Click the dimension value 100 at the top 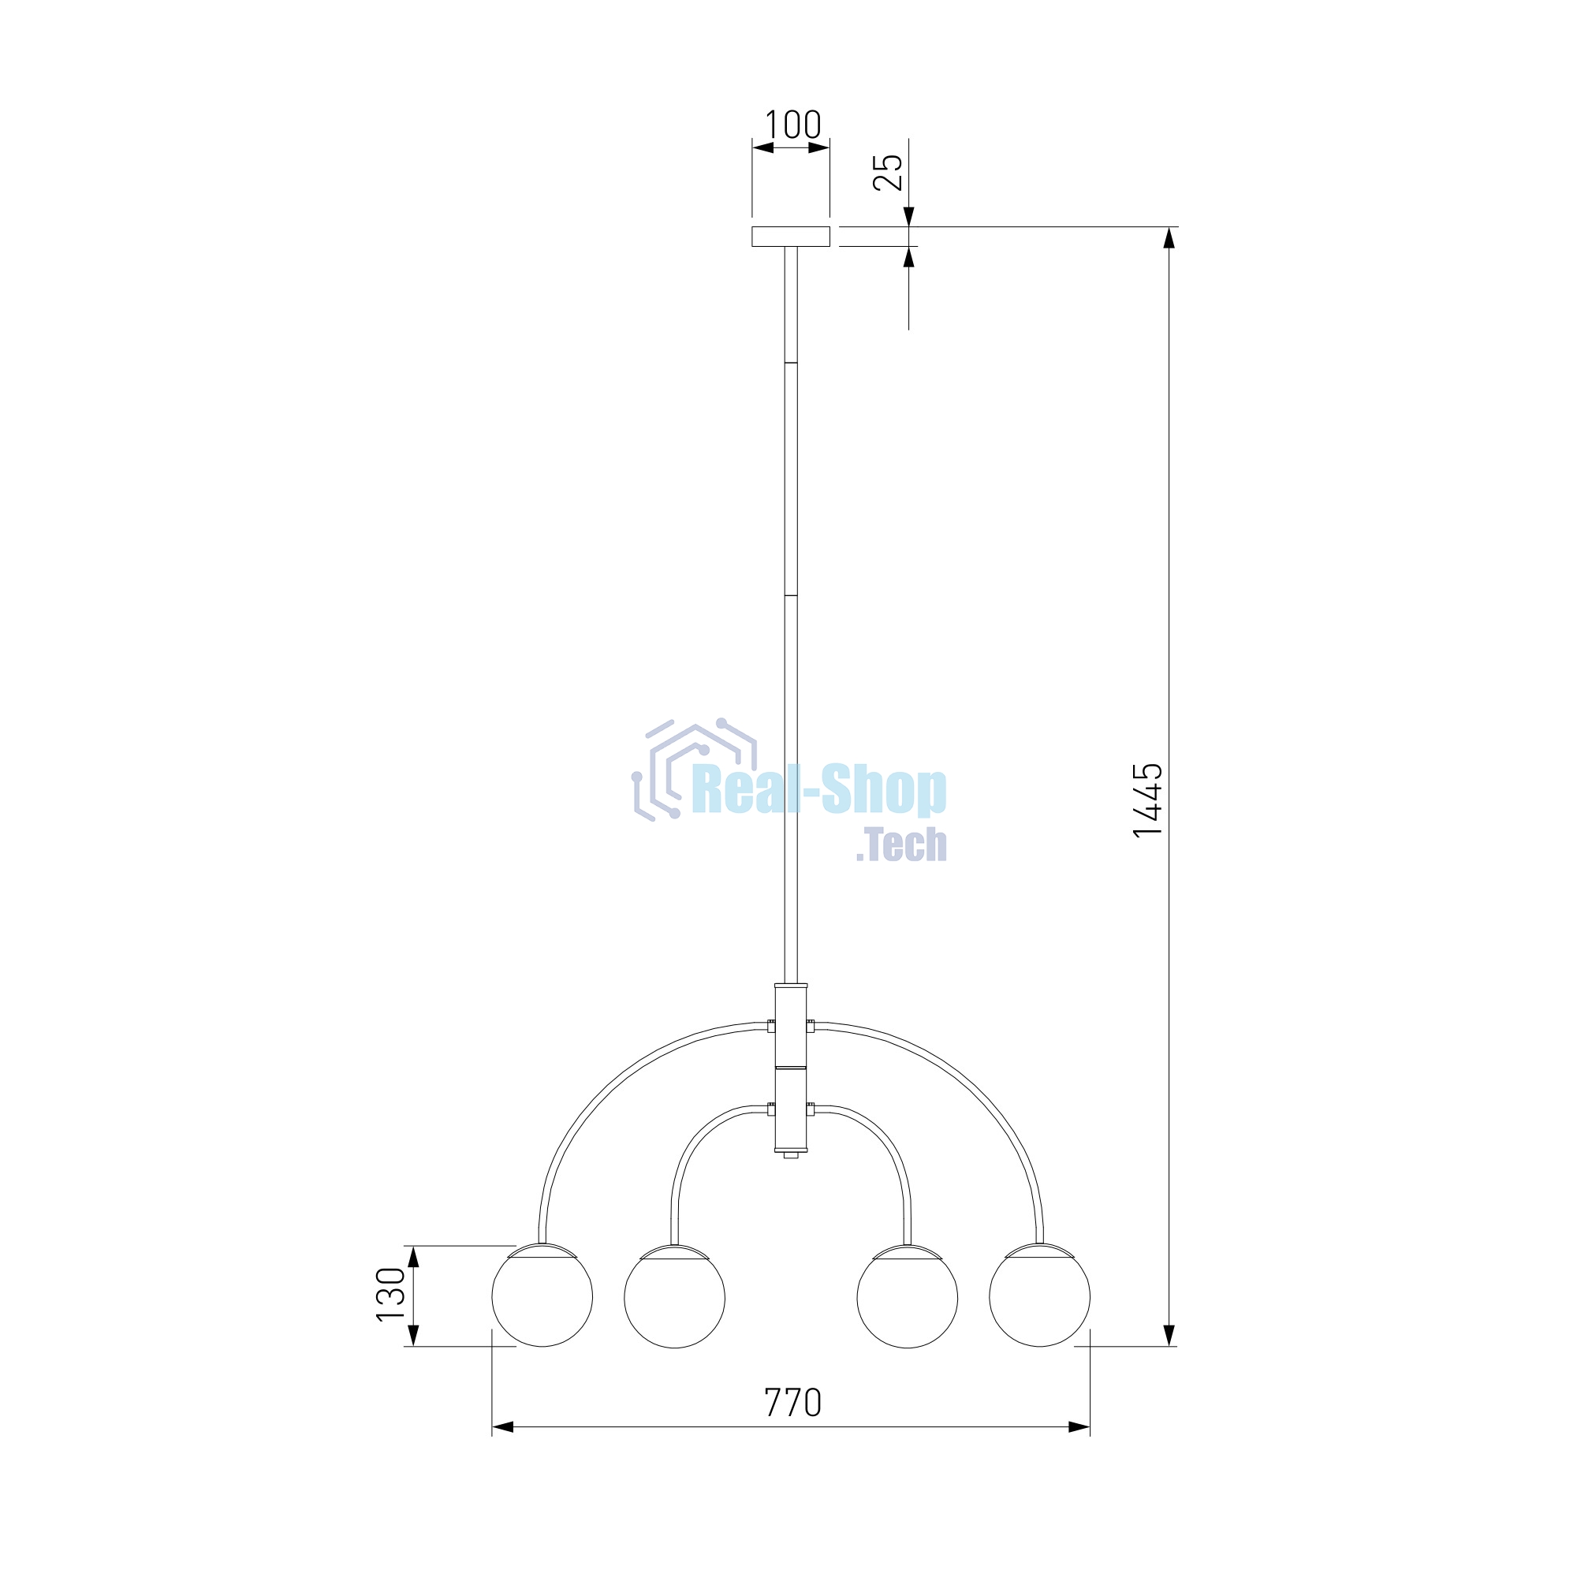792,125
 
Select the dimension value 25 888,172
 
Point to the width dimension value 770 792,1402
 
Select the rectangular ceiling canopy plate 791,237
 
